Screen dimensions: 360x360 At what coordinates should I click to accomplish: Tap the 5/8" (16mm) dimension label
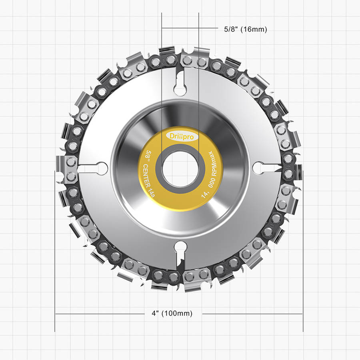[246, 29]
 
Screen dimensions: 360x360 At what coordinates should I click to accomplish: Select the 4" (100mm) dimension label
[172, 313]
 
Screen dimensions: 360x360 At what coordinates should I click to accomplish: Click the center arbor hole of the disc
[180, 169]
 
